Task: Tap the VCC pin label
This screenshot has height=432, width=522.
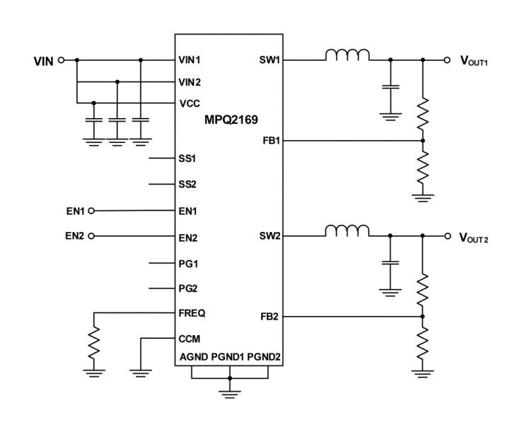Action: pos(190,103)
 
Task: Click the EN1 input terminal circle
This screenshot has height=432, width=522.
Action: pos(91,210)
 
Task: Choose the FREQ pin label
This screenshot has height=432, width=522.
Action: pos(192,312)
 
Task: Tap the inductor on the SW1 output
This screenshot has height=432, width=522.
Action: pos(347,55)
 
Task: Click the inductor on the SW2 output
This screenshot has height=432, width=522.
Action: pos(347,230)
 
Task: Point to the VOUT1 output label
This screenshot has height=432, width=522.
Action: pos(475,61)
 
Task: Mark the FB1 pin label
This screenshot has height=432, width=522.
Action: pos(270,141)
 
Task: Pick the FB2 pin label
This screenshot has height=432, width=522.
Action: pos(270,317)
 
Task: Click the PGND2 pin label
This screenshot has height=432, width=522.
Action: pos(264,358)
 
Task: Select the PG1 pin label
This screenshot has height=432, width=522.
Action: pos(189,262)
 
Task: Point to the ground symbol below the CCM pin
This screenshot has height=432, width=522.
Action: pos(141,368)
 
